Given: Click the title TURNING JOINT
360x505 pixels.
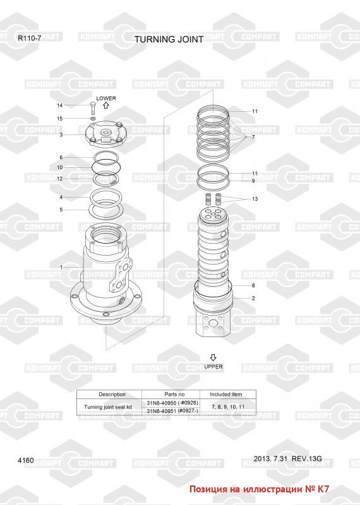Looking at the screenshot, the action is coord(169,39).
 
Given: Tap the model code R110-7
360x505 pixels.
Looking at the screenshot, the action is coord(29,38).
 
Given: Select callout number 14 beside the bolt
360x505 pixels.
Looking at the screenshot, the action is coord(59,105).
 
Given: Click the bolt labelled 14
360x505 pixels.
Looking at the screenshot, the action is coord(93,108).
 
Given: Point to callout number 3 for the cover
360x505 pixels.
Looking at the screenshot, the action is coord(61,134).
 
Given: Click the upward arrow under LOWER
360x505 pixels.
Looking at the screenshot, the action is coord(106,105).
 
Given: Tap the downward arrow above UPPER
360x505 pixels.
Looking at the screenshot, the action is coord(213,357).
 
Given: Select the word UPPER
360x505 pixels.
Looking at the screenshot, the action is coord(213,367).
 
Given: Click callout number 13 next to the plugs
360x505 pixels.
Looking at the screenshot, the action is coord(255,199).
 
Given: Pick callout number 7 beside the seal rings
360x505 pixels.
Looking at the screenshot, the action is coord(253,137).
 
